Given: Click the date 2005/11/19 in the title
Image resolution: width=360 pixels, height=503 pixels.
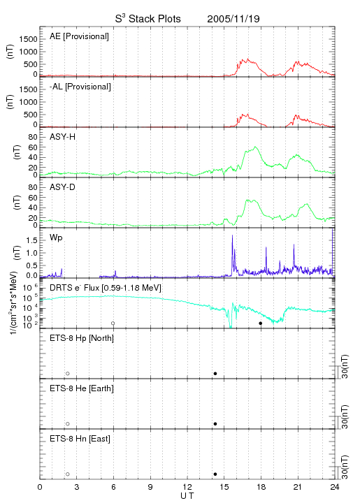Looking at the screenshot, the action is pos(233,19).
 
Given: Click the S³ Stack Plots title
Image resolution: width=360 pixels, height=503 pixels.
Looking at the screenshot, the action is pos(148,19).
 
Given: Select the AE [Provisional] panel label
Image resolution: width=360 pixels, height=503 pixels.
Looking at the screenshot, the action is pos(79,36).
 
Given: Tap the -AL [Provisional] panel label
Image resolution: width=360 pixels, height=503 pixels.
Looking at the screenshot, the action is pos(80,87).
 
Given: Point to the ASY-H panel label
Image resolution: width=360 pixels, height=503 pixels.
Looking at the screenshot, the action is pos(63,137).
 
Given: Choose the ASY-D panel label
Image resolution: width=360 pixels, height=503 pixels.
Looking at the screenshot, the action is pos(63,187).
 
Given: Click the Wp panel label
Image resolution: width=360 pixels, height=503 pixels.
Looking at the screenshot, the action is pos(56,238).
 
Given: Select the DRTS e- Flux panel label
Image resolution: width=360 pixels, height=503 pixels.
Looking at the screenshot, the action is pos(106,288).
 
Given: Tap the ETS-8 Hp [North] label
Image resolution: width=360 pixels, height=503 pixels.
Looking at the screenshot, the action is pos(82,338).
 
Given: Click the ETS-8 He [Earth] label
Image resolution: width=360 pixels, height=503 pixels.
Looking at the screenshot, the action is pos(82,388).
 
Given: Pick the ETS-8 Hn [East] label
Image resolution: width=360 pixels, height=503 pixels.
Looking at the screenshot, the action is pos(80,439).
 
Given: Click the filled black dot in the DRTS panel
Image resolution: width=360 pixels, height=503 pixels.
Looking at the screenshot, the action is pos(261,323).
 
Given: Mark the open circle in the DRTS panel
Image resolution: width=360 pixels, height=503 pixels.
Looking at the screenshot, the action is pos(113,323).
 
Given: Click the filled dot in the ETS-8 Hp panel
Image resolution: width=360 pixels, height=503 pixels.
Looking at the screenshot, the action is pos(215,373).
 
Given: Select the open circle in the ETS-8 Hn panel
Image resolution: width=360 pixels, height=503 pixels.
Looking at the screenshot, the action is pos(68,474).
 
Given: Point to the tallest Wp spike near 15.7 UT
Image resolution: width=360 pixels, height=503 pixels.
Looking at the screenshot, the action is pos(232,235).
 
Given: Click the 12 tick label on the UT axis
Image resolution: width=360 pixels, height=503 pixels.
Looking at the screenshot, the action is pos(187,487).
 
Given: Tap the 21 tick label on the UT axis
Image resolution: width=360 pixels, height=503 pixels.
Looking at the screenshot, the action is pos(297,487).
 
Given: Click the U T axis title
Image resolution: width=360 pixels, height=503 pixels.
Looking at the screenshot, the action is pos(187,496).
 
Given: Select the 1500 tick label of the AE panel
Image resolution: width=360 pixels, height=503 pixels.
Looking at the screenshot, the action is pos(28,39).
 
